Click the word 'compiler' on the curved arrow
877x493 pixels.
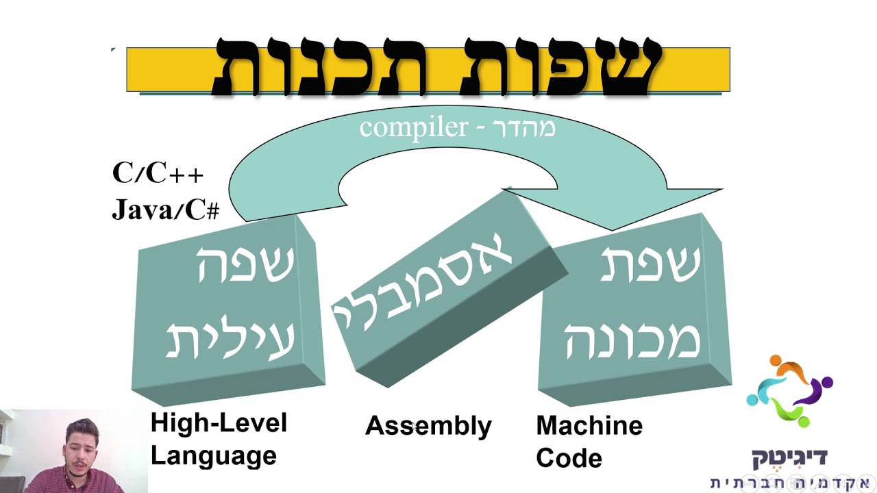tap(414, 128)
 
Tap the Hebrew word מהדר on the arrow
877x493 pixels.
tap(523, 127)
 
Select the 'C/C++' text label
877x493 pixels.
tap(158, 173)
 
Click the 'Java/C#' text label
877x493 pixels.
tap(166, 210)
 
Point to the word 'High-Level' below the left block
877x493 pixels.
tap(219, 422)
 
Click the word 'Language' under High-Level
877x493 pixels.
tap(214, 456)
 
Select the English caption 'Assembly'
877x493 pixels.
tap(428, 427)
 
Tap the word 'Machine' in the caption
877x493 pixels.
tap(589, 425)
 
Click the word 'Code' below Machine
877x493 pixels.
tap(569, 458)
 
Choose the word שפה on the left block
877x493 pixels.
tap(246, 264)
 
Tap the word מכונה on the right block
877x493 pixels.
tap(633, 340)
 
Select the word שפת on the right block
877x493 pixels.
tap(650, 263)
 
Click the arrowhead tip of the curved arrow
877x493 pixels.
tap(612, 229)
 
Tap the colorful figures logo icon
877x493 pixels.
tap(790, 391)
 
